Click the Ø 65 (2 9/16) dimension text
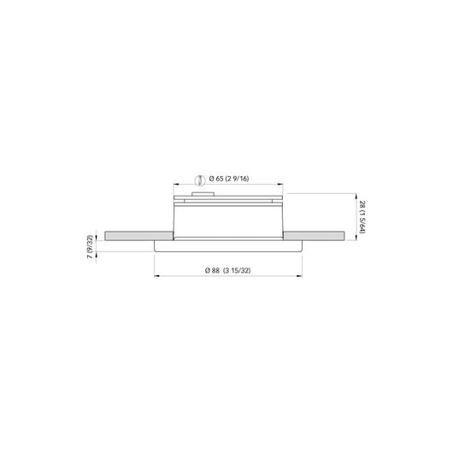click(x=228, y=179)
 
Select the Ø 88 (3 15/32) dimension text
click(x=228, y=271)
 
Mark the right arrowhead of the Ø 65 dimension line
click(x=283, y=185)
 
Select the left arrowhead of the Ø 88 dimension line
click(x=155, y=276)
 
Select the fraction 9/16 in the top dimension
click(x=240, y=179)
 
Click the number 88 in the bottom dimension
click(x=215, y=271)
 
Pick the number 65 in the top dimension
click(x=221, y=179)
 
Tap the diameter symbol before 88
click(x=208, y=271)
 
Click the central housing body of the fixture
click(x=228, y=221)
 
